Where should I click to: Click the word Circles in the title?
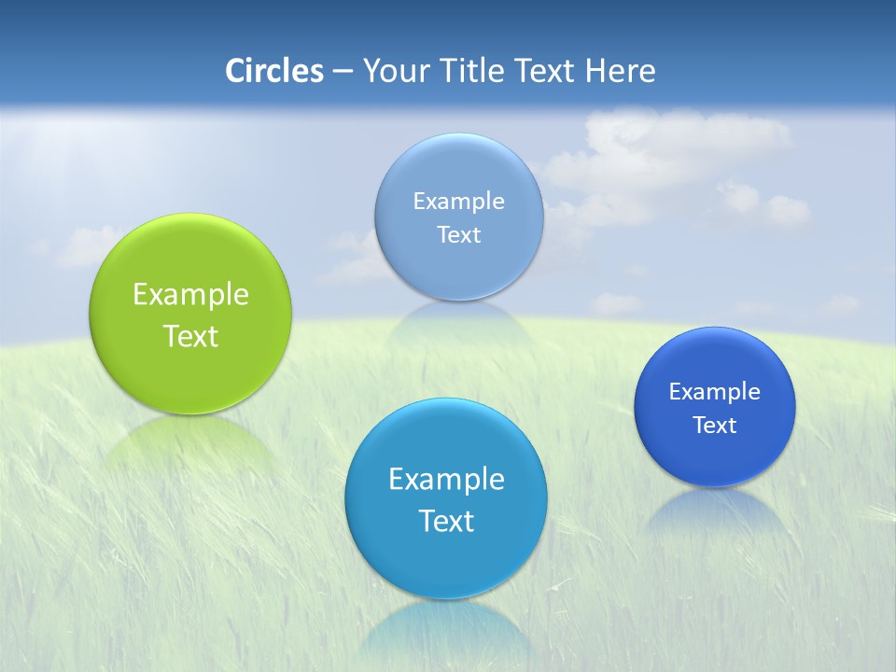point(273,71)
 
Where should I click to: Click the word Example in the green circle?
point(190,295)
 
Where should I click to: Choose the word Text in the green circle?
point(190,336)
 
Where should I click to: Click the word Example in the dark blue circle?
point(714,391)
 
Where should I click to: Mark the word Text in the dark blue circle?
point(714,426)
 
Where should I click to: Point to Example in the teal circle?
point(446,479)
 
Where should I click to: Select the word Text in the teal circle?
point(446,521)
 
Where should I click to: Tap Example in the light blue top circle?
point(458,201)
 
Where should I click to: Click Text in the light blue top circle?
point(458,234)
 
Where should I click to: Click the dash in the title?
point(342,71)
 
